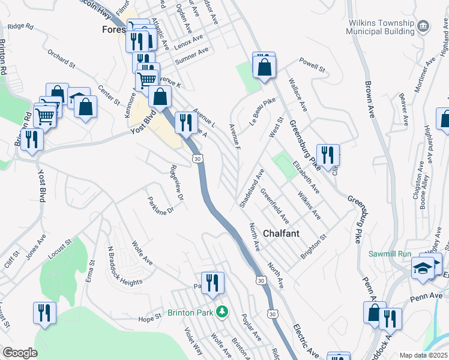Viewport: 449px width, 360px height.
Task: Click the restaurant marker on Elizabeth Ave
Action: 328,154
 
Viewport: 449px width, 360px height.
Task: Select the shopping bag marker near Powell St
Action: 264,67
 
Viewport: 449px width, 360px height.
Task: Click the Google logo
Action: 20,353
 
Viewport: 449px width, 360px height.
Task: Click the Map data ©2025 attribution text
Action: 423,355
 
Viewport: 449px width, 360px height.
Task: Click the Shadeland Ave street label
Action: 252,188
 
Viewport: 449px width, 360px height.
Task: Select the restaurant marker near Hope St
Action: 44,313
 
